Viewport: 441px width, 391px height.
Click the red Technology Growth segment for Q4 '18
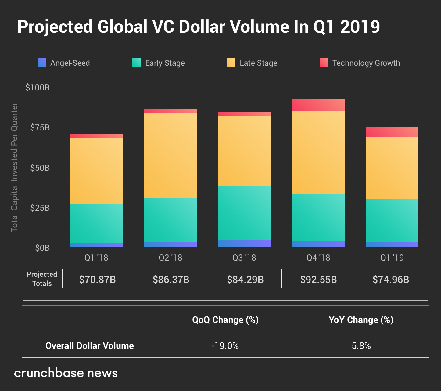click(318, 105)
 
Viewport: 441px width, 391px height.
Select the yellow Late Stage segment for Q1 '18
click(96, 171)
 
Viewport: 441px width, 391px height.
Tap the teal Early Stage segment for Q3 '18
click(244, 213)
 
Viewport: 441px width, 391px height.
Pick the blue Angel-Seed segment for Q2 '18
click(170, 244)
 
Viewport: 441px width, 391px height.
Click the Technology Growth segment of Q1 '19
click(392, 132)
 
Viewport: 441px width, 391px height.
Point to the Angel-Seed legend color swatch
click(42, 63)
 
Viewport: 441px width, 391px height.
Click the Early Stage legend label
click(165, 63)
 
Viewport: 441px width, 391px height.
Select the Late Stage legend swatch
click(231, 63)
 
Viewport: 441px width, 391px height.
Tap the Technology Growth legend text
click(366, 63)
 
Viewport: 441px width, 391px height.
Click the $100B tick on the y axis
click(38, 88)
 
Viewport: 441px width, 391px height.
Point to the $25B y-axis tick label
click(40, 208)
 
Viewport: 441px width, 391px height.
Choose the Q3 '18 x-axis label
click(244, 258)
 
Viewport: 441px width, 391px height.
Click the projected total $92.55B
click(318, 279)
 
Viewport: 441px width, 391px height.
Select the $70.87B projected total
click(97, 279)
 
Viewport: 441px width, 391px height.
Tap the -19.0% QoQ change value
click(225, 346)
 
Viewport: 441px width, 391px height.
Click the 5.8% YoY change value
click(361, 346)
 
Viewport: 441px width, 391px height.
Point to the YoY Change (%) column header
click(361, 320)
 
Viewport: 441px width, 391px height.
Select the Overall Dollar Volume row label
click(90, 346)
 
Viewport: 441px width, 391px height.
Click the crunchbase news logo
click(66, 373)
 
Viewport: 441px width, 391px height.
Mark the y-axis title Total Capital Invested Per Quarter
click(14, 167)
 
